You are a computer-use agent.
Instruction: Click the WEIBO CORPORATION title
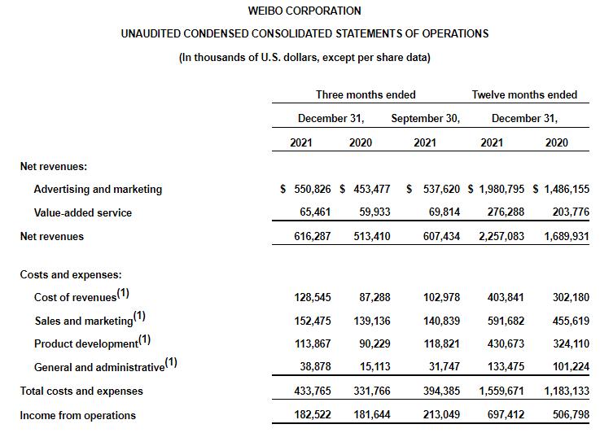[x=304, y=11]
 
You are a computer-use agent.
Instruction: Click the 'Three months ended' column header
[x=366, y=94]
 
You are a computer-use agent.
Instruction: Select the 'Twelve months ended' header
[x=524, y=94]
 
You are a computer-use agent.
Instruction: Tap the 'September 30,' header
[x=425, y=118]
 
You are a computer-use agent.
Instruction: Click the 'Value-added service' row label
[x=82, y=212]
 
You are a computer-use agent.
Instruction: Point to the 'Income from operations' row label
[x=77, y=415]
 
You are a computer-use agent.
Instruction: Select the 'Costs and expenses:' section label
[x=71, y=275]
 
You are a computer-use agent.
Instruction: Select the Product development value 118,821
[x=442, y=343]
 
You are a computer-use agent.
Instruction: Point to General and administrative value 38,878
[x=313, y=367]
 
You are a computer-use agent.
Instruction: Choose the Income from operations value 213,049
[x=442, y=415]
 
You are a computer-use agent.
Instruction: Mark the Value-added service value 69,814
[x=442, y=212]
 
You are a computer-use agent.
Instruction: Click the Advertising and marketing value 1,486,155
[x=561, y=189]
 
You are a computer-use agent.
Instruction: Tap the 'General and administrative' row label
[x=99, y=367]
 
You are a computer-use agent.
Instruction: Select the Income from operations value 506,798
[x=567, y=415]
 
